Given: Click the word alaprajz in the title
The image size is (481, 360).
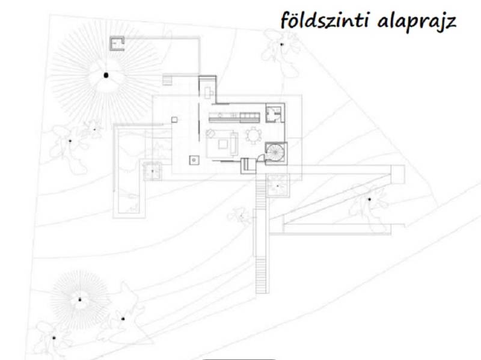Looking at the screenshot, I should click(416, 22).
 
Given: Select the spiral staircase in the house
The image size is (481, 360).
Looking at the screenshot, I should click(276, 152).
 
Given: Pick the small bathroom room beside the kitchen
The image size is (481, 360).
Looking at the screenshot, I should click(275, 112).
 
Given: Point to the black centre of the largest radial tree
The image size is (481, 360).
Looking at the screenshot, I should click(106, 75).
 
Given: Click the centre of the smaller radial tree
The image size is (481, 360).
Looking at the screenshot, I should click(78, 298).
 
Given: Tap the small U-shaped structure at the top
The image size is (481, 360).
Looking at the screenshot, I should click(117, 43).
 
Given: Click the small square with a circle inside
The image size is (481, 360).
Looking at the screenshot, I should click(194, 159).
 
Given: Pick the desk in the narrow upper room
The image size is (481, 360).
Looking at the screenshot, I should click(209, 92).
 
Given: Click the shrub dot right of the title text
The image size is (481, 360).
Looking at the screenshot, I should click(281, 43).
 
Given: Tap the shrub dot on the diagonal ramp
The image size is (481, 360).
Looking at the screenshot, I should click(369, 199).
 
